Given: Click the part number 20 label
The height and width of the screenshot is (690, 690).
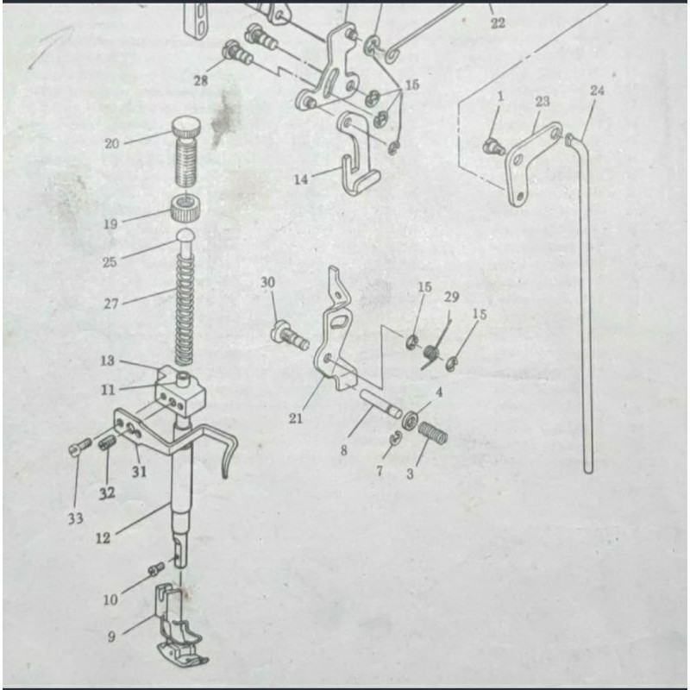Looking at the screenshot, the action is point(112,143).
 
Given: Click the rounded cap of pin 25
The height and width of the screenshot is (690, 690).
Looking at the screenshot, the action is point(185,235).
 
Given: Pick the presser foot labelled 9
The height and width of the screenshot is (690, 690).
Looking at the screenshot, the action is point(179,624).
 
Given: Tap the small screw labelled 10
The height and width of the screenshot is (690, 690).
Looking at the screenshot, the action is point(156,569).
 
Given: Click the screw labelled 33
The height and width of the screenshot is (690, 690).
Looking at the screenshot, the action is point(80,447).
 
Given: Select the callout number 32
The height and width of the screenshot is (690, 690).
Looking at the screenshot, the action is point(107,493).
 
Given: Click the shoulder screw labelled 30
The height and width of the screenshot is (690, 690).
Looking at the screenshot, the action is point(290,336).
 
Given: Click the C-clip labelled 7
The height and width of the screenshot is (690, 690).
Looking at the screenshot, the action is point(396,438).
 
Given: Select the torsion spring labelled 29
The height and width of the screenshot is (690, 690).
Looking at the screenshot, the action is point(435,348).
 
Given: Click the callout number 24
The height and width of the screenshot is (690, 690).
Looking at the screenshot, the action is point(597,91).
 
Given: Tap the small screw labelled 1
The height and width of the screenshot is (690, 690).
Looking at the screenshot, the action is point(493,146).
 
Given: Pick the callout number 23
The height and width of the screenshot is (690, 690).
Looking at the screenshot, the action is point(543,102).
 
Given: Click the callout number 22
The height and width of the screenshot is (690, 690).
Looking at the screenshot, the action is point(498,23).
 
